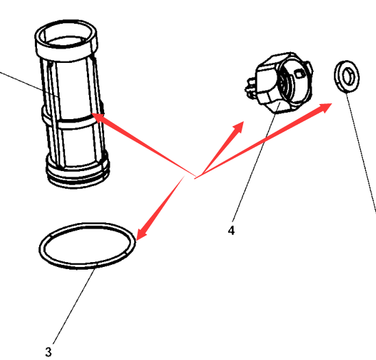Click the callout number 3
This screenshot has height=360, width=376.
[x=48, y=352]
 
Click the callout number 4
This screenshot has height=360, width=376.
[x=231, y=231]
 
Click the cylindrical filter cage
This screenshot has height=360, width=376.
[x=72, y=103]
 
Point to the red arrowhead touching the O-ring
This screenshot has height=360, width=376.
[x=142, y=234]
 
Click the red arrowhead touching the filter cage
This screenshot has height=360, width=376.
[x=99, y=118]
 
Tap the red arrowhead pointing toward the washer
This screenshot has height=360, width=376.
[x=325, y=107]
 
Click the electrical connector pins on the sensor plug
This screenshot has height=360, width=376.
[x=250, y=89]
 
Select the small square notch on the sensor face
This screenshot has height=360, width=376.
[x=299, y=74]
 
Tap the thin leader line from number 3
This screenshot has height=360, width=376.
[x=74, y=306]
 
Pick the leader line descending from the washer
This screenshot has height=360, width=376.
[x=361, y=152]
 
